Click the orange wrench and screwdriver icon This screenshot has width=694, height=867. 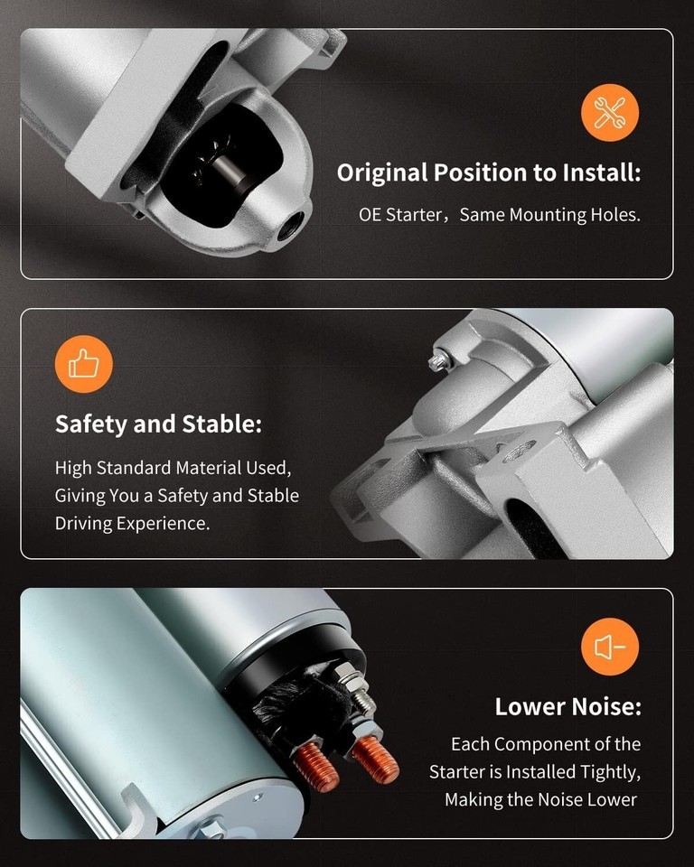coord(610,113)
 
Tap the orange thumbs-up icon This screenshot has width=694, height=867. coord(83,364)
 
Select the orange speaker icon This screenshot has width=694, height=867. coord(610,647)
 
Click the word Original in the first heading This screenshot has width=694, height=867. coord(382,173)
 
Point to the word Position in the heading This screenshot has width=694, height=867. coord(481,172)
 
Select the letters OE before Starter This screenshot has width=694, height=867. coord(370,215)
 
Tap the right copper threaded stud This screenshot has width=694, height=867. coord(376,757)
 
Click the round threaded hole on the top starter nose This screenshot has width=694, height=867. coord(288,224)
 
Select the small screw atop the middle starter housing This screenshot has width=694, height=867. coord(436,360)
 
